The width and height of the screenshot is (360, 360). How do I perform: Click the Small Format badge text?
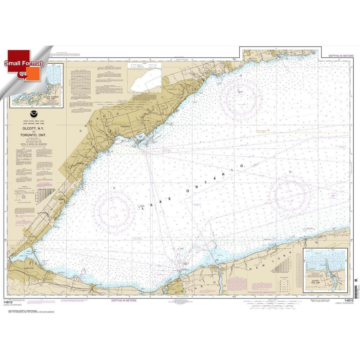tap(23, 62)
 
